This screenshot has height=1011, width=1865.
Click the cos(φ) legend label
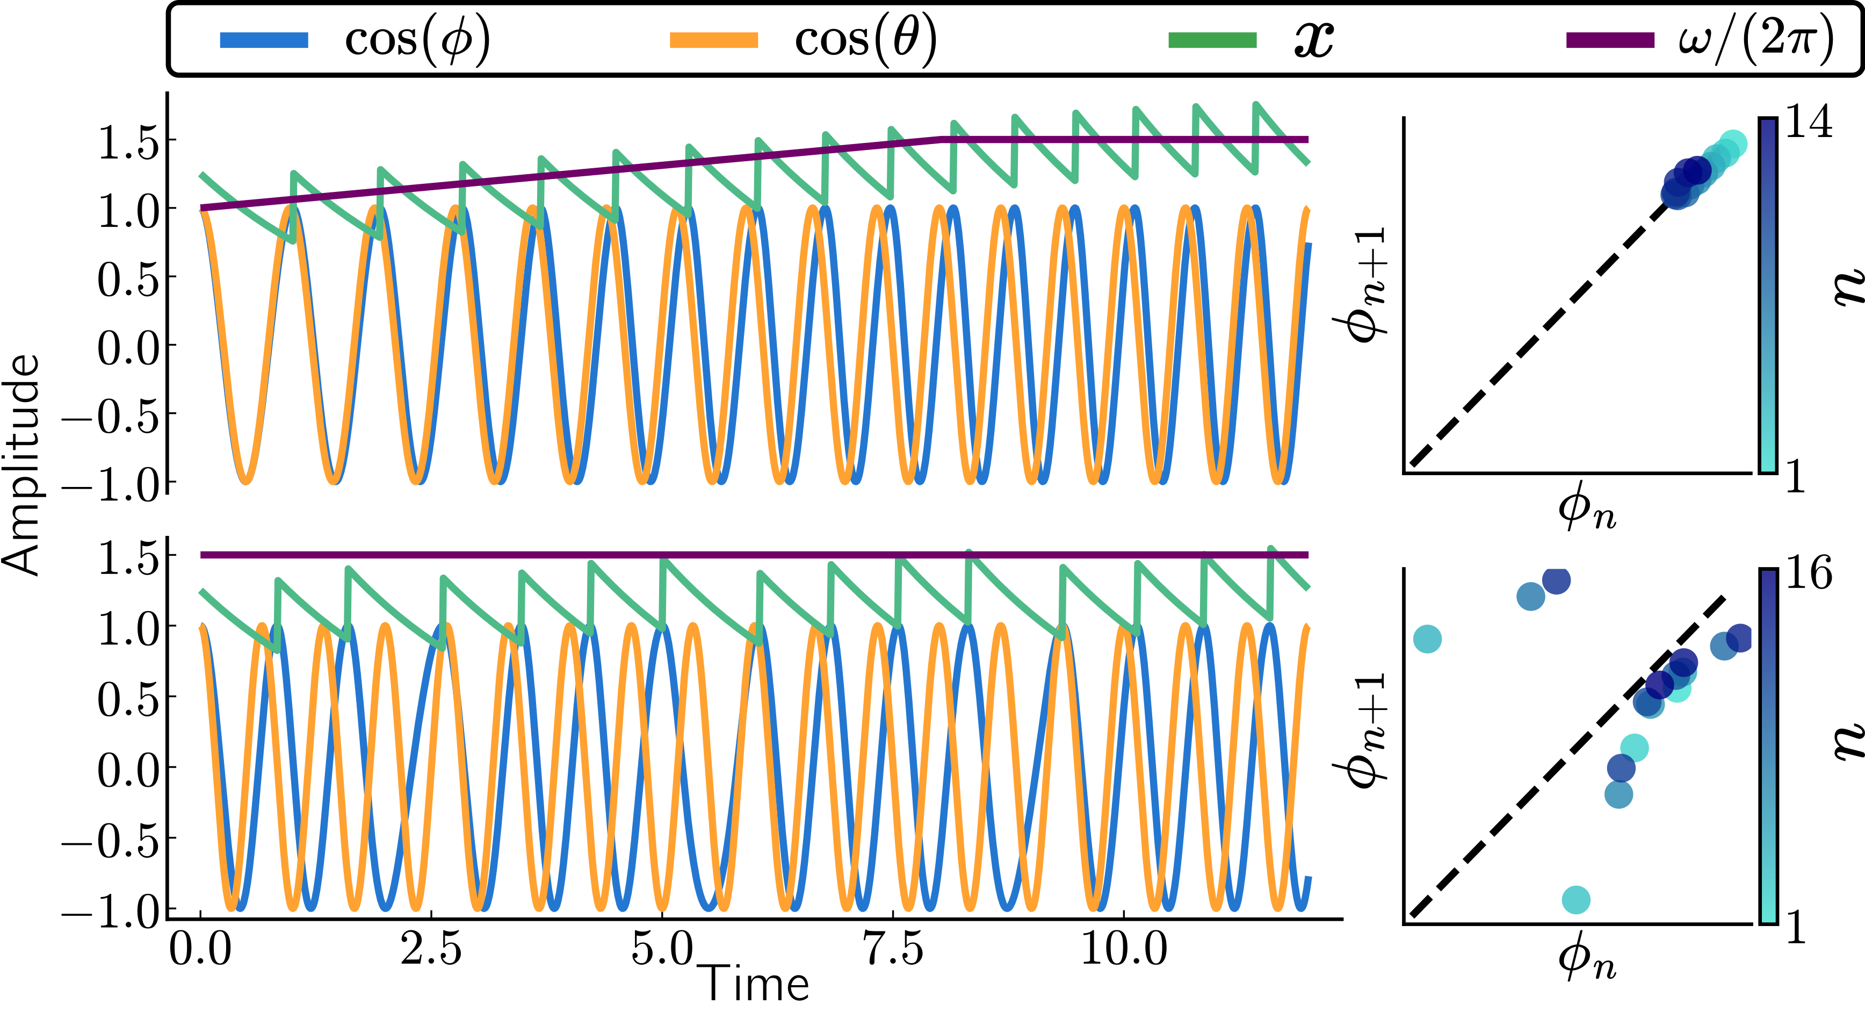[418, 40]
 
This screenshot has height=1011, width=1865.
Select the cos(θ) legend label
[866, 40]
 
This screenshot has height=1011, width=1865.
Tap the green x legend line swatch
[1212, 40]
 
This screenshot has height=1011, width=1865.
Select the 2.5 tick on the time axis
[431, 949]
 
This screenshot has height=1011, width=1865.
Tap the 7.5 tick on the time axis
[893, 949]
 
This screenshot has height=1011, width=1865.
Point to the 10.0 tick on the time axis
[1124, 949]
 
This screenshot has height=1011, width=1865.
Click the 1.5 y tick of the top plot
[127, 141]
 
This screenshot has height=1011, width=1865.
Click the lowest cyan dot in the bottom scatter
[1575, 900]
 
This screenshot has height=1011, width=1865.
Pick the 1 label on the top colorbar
[1796, 478]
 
